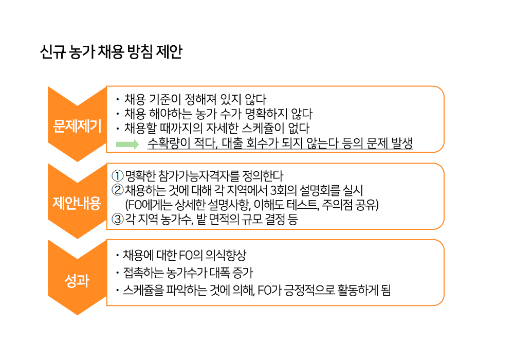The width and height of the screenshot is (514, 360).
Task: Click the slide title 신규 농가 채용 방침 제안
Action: pyautogui.click(x=111, y=52)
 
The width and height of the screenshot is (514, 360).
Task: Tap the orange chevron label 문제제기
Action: pyautogui.click(x=78, y=126)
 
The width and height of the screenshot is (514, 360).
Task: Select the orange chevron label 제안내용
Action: pyautogui.click(x=77, y=203)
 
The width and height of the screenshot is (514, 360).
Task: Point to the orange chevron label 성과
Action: pyautogui.click(x=77, y=281)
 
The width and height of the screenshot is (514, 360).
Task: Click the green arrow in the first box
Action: pyautogui.click(x=127, y=144)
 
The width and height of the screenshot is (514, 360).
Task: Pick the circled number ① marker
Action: pyautogui.click(x=117, y=176)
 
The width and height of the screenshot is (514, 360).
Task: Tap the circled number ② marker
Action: pyautogui.click(x=117, y=190)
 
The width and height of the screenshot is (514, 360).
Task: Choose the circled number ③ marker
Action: pyautogui.click(x=117, y=219)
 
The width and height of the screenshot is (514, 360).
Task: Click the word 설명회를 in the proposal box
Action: pyautogui.click(x=320, y=190)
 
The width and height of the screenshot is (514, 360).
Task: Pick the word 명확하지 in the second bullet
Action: pyautogui.click(x=266, y=114)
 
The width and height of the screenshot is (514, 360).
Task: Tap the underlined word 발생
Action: pyautogui.click(x=402, y=143)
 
